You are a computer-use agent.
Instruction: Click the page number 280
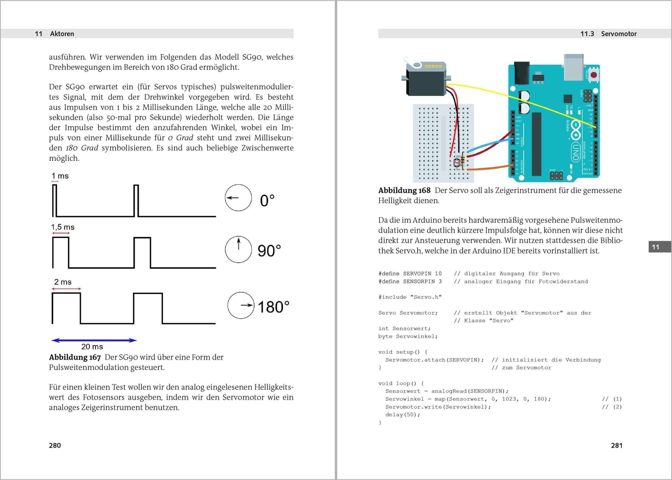(55, 445)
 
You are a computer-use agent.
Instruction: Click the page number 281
(617, 445)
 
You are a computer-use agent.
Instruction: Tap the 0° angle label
(267, 201)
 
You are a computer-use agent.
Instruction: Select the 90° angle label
(269, 251)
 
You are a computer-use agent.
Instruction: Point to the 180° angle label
(273, 307)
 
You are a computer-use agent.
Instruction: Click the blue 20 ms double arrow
(94, 340)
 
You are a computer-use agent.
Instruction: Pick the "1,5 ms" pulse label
(63, 227)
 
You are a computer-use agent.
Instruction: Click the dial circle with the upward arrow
(239, 249)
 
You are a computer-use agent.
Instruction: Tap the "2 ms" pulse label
(63, 282)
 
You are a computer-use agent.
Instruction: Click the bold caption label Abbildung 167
(75, 357)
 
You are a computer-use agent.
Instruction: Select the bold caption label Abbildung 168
(404, 190)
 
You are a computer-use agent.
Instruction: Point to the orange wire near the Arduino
(489, 168)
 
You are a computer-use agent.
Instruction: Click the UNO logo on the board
(576, 153)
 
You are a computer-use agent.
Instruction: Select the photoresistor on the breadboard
(457, 162)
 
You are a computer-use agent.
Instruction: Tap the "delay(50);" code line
(403, 415)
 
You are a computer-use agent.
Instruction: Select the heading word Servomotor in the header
(619, 34)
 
